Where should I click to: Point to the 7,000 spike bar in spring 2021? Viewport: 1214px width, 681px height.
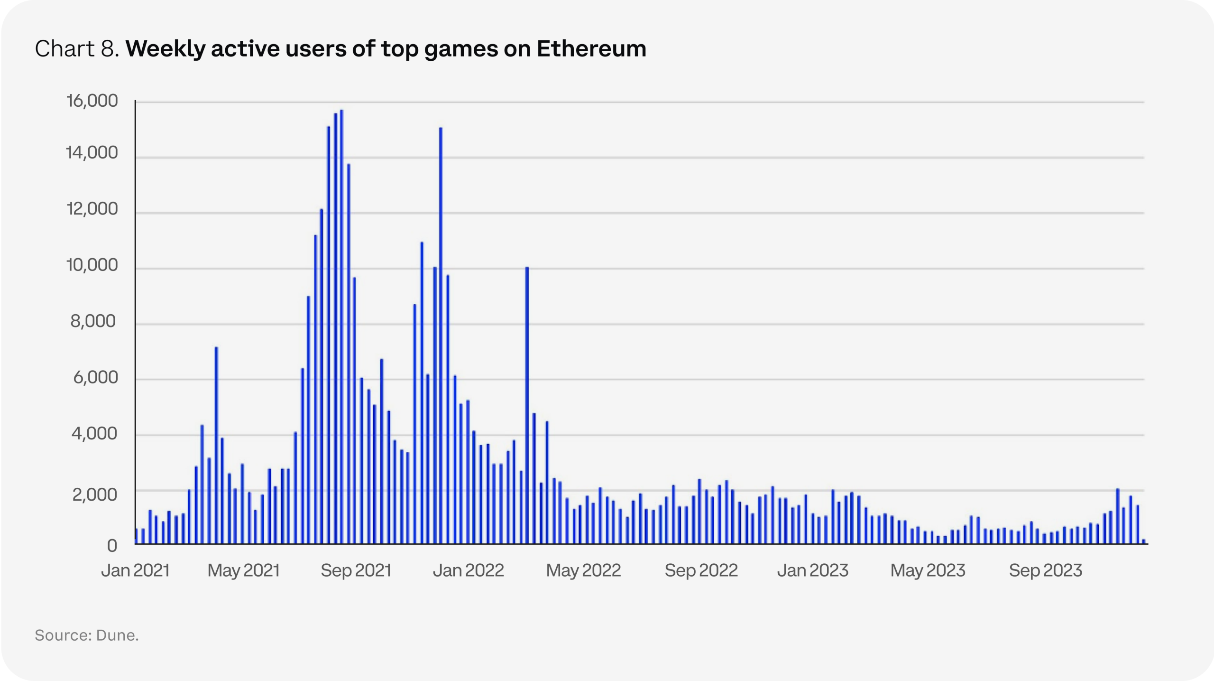point(216,446)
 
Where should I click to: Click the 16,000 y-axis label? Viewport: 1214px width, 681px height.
point(92,101)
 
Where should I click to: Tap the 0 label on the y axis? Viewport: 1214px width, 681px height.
point(112,546)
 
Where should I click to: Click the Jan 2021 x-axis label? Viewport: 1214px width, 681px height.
point(135,570)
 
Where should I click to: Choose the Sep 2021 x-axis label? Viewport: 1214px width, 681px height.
point(356,570)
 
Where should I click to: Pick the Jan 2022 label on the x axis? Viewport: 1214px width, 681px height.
point(468,570)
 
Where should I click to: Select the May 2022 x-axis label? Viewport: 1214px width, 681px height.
point(583,570)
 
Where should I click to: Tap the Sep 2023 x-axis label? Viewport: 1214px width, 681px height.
point(1045,570)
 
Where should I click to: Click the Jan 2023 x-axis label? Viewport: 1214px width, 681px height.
point(812,570)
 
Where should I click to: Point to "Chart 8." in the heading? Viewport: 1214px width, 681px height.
point(77,49)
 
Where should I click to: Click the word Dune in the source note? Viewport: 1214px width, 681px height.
point(116,635)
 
